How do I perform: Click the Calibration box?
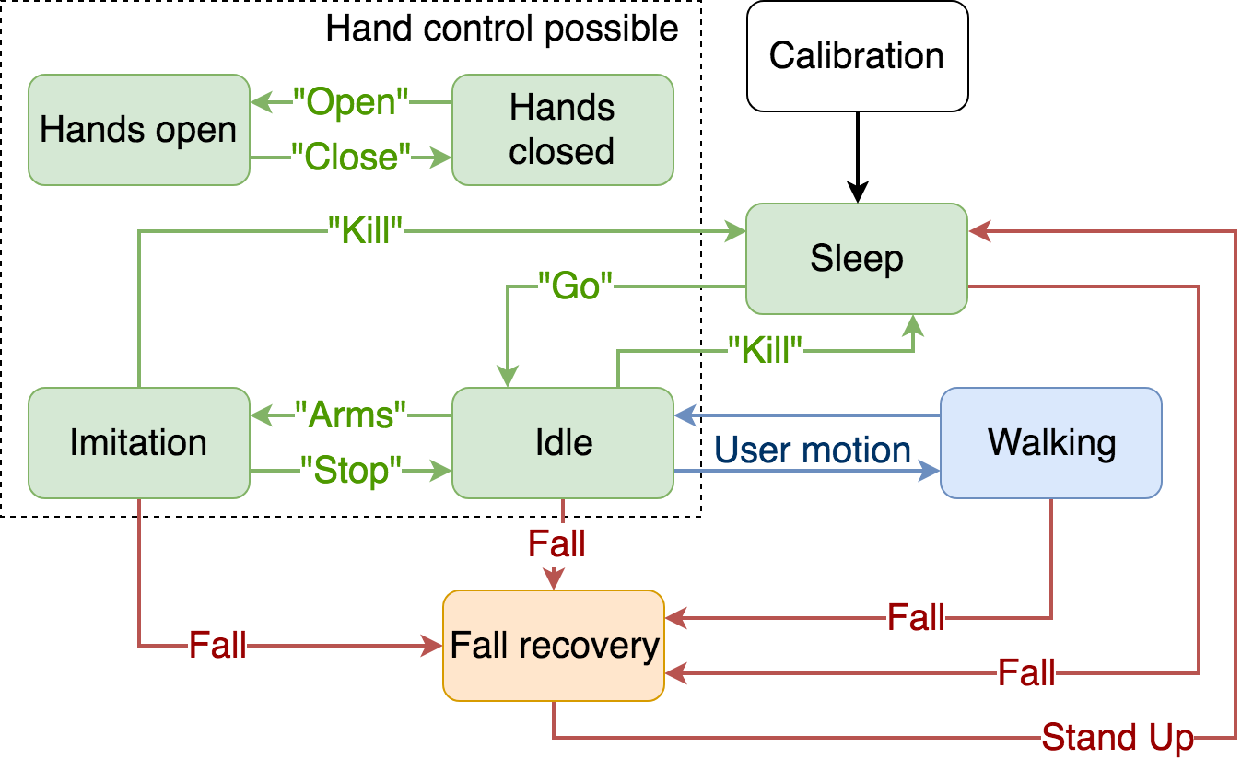pyautogui.click(x=857, y=56)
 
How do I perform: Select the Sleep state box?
pyautogui.click(x=857, y=259)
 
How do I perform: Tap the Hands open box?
pyautogui.click(x=138, y=130)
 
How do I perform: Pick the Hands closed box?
pyautogui.click(x=562, y=130)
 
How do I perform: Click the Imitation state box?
pyautogui.click(x=138, y=443)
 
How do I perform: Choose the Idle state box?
pyautogui.click(x=563, y=443)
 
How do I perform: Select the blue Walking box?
pyautogui.click(x=1051, y=443)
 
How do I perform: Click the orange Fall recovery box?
pyautogui.click(x=554, y=646)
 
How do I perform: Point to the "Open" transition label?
pyautogui.click(x=350, y=102)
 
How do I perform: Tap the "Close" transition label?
pyautogui.click(x=350, y=158)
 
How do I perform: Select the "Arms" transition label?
pyautogui.click(x=350, y=415)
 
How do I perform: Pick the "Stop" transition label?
pyautogui.click(x=351, y=471)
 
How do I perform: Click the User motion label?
pyautogui.click(x=813, y=450)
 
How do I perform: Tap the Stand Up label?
pyautogui.click(x=1118, y=738)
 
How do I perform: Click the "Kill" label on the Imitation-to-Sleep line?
pyautogui.click(x=366, y=231)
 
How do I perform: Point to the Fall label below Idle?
pyautogui.click(x=556, y=544)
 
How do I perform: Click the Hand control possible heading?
pyautogui.click(x=502, y=29)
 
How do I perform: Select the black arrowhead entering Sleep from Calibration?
pyautogui.click(x=857, y=194)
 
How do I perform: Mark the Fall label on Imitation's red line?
pyautogui.click(x=217, y=646)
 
